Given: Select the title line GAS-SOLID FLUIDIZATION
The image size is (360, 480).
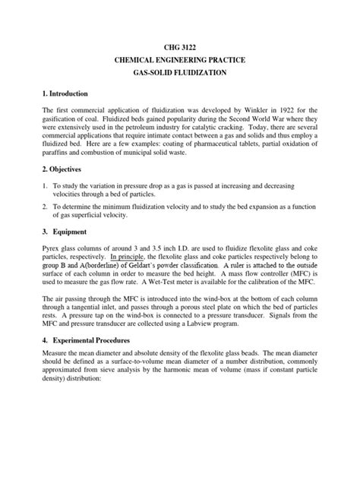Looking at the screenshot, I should (x=181, y=75).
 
